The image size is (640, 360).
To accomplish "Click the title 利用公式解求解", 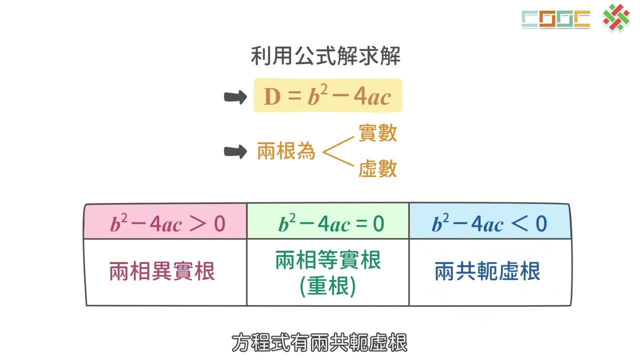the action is tap(325, 55).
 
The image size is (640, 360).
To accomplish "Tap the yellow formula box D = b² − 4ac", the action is tap(327, 95).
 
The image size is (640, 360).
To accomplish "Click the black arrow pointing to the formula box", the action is tap(235, 97).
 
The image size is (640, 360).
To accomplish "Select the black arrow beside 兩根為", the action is tap(235, 151).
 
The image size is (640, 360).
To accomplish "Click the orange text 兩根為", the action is tap(286, 150).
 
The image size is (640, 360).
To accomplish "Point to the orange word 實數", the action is tap(377, 133).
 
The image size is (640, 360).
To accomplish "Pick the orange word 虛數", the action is tap(377, 168).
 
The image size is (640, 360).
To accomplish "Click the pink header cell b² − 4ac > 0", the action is tap(165, 221).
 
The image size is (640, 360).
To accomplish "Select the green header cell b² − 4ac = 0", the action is tap(328, 221).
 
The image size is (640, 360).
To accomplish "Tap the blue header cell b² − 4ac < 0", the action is tap(490, 221).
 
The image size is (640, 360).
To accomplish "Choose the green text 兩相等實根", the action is tap(328, 260).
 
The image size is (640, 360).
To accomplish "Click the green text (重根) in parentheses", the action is tap(328, 286).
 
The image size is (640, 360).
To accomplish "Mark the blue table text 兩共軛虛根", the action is tap(487, 271).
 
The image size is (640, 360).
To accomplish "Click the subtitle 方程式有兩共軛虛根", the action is tap(319, 342).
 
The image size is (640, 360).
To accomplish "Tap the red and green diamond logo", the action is tap(616, 17).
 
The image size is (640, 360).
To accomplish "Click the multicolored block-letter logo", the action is tap(556, 19).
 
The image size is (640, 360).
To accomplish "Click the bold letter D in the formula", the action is tap(272, 96).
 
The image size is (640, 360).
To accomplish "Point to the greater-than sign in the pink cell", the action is tap(197, 223).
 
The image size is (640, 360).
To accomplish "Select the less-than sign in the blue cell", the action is tap(519, 223).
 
